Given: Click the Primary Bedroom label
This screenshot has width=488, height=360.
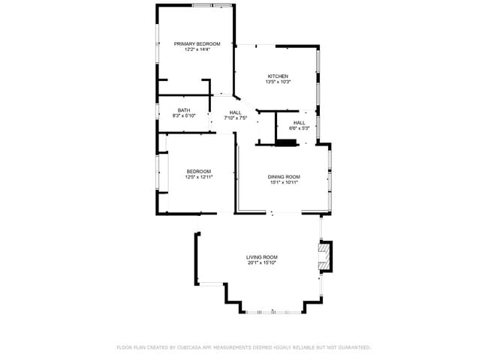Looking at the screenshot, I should coord(197,43).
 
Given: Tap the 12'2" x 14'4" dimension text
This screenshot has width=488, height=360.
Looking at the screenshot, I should coord(197,49).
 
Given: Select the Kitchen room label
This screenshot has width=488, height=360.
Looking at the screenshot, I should coord(278,76).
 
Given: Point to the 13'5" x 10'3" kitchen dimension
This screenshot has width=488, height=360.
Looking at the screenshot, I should coord(278,82).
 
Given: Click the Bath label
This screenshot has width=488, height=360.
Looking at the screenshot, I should coord(183,110).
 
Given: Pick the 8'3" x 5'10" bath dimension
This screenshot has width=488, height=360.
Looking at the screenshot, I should coord(183,116).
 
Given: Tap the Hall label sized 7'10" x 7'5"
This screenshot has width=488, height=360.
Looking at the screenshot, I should coord(235,112).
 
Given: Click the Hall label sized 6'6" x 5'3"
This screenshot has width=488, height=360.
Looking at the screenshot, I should coord(300,122).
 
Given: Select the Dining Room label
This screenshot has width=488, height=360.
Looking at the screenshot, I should coord(284,176).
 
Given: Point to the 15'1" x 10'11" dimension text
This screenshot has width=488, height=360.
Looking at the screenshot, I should coord(284,182).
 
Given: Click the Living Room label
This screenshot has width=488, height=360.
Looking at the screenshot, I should coord(262,257).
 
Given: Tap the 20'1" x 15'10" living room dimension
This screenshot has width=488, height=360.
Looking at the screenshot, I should coord(262,263).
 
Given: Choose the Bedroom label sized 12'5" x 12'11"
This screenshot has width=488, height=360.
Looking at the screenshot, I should coord(198,171).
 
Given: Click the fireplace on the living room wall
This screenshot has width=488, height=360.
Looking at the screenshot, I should coord(324,255).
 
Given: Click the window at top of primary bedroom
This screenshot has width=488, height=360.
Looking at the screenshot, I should coord(212,5).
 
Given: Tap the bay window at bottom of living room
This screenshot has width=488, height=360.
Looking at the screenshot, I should coord(273,311).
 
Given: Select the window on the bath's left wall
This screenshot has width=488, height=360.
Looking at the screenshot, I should coord(158,112).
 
